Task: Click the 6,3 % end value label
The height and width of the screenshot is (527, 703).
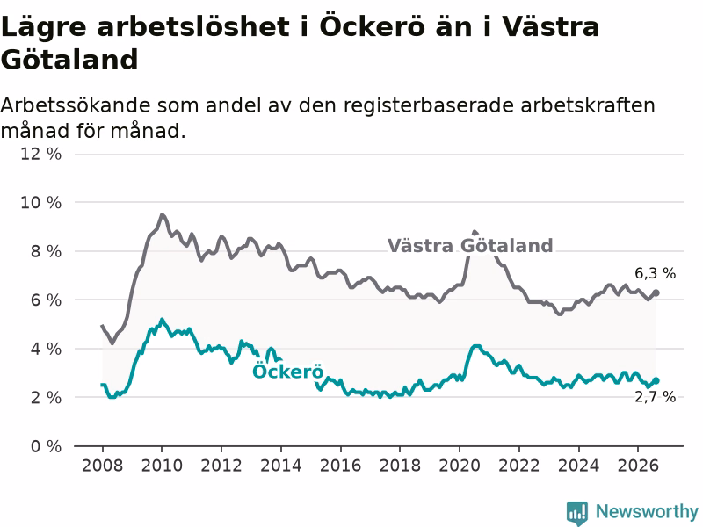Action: pos(655,273)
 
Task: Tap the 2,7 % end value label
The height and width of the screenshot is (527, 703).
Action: pos(655,397)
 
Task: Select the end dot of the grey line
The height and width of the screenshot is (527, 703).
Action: pos(656,292)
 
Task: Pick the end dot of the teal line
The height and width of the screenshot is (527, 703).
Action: pos(656,380)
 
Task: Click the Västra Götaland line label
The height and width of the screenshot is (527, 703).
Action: pos(470,246)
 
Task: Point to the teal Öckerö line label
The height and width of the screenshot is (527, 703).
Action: pos(288,371)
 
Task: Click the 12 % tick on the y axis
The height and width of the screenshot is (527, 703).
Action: pos(40,154)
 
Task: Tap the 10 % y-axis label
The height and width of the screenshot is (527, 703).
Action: pos(40,203)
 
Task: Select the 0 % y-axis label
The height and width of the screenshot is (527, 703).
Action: pos(46,446)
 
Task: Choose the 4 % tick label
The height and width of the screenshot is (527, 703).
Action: pos(46,349)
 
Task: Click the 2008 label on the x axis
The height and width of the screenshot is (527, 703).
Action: pos(102,466)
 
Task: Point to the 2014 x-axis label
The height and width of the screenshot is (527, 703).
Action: pos(280,466)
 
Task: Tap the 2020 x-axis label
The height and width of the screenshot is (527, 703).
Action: pos(459,466)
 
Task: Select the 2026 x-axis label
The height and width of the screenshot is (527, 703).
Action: pos(638,466)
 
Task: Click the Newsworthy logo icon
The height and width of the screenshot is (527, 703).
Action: pos(577,513)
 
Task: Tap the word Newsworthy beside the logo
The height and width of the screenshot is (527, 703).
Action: pos(647,511)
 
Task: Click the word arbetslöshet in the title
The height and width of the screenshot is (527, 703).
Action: pos(193,26)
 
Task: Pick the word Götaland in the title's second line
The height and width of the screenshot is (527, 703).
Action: pos(69,60)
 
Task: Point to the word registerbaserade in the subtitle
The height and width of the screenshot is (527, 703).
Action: pos(429,105)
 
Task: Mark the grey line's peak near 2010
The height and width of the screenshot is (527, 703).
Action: pos(162,214)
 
